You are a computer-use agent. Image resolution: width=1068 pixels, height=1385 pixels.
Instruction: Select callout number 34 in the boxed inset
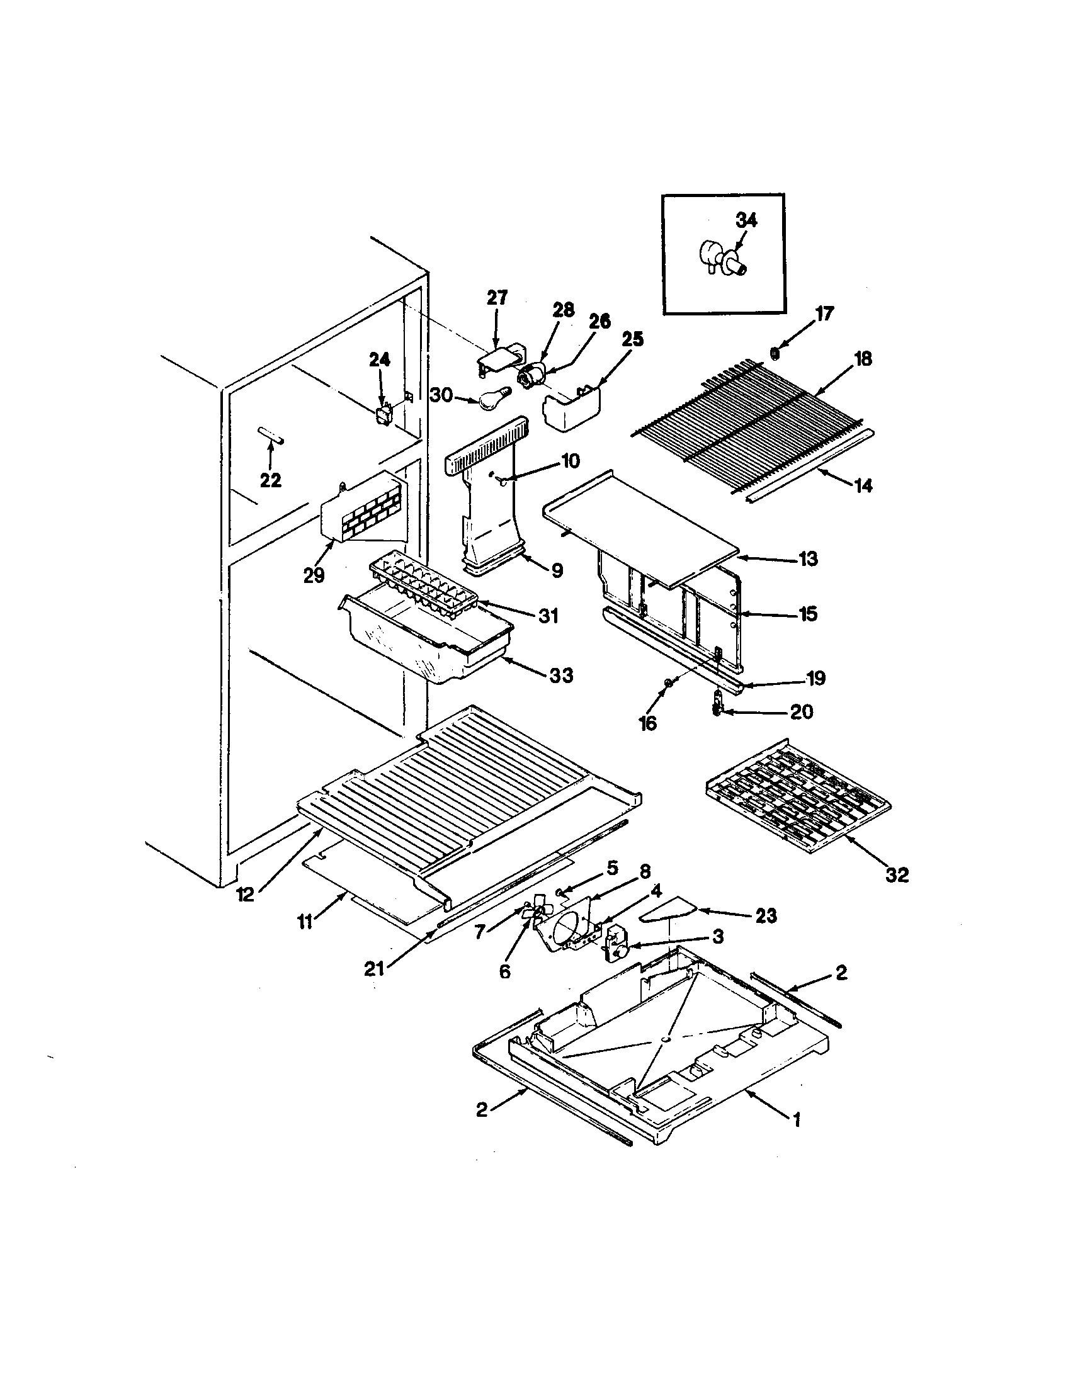(746, 220)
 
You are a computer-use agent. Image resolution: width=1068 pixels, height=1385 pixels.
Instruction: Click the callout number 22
(271, 480)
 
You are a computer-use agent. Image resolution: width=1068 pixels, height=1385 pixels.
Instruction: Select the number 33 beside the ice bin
(560, 675)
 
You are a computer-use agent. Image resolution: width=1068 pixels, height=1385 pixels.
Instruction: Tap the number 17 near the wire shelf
(824, 314)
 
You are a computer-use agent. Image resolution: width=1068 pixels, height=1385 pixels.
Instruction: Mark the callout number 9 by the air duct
(556, 571)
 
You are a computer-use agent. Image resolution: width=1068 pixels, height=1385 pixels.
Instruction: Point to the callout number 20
(801, 711)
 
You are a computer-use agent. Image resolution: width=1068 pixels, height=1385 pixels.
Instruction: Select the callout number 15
(808, 614)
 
